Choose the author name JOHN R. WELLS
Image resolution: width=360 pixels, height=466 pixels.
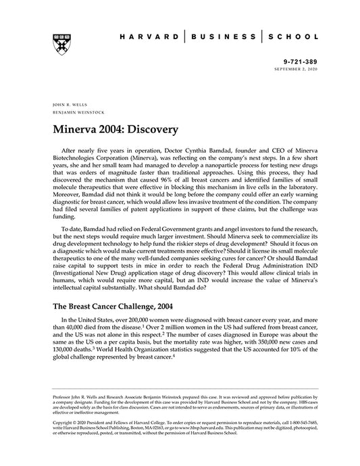(66, 105)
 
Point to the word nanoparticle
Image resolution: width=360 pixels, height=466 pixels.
(230, 157)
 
